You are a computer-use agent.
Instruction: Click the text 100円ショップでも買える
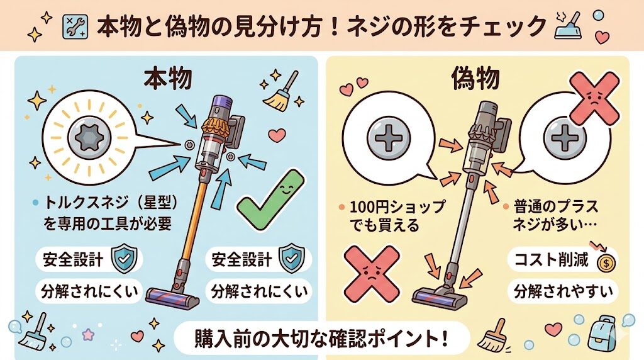(391, 215)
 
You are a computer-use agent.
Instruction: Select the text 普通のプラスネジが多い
(554, 215)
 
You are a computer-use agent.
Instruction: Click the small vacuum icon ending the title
(566, 26)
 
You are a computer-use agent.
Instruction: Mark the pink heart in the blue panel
(275, 134)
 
